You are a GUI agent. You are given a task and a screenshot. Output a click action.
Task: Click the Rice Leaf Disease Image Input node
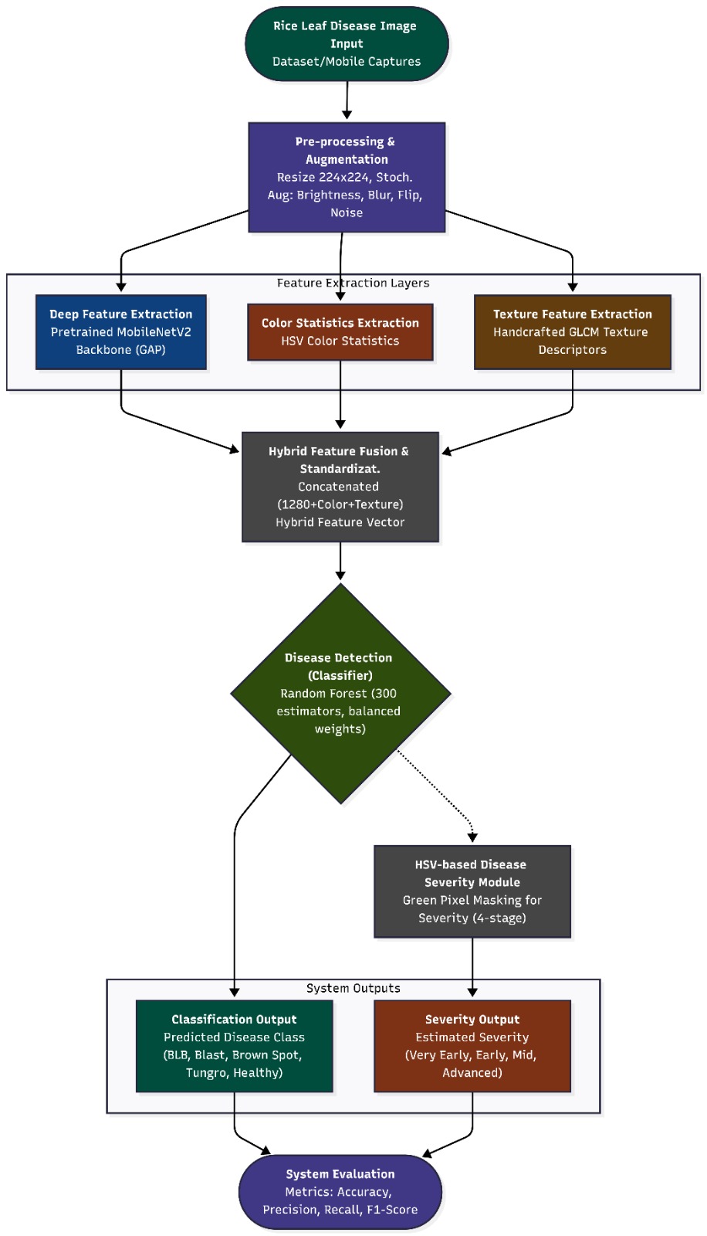(x=347, y=43)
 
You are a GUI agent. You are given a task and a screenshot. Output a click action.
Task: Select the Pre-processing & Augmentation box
(x=347, y=177)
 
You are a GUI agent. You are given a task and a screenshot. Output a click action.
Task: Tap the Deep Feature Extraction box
(x=120, y=332)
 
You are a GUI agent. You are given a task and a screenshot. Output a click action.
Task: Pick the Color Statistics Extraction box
(x=340, y=332)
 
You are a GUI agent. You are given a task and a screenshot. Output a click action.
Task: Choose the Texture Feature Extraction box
(x=573, y=332)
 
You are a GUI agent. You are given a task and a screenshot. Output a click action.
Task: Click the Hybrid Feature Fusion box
(x=340, y=487)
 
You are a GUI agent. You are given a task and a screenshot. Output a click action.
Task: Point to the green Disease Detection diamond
(x=340, y=694)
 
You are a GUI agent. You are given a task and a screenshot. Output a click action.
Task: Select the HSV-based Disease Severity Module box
(x=472, y=891)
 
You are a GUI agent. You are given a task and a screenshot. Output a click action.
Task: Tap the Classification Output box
(x=235, y=1046)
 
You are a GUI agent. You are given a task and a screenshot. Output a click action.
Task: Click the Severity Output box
(x=472, y=1046)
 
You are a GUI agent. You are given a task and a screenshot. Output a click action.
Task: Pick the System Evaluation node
(x=340, y=1192)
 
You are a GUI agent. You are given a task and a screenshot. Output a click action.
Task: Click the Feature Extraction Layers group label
(x=353, y=283)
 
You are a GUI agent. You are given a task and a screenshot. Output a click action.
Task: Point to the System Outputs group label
(x=353, y=988)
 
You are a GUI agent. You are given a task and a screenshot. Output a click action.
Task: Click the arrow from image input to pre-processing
(x=347, y=100)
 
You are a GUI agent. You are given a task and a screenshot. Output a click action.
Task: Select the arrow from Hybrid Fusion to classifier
(x=340, y=561)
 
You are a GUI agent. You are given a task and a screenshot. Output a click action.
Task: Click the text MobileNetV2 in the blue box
(x=156, y=332)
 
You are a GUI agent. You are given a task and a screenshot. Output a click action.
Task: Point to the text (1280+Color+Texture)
(x=340, y=504)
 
